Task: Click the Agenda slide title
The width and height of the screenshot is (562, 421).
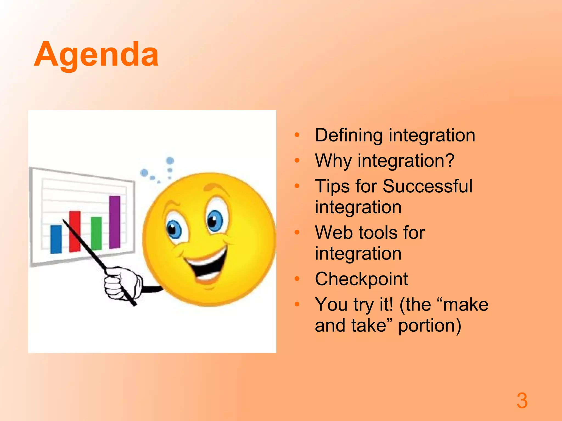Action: [x=96, y=55]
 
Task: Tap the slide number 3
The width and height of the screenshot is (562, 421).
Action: [x=522, y=401]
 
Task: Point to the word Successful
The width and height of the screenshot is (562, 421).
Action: [x=427, y=186]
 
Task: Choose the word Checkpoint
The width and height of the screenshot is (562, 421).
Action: [x=361, y=279]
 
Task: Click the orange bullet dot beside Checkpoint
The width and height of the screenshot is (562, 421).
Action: [x=297, y=279]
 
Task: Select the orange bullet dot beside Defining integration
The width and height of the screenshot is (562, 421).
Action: [x=297, y=135]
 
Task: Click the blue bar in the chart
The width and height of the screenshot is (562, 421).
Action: [x=56, y=239]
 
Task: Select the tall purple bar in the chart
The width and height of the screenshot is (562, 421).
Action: [x=115, y=222]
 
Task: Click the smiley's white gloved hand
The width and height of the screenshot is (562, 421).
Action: [x=121, y=284]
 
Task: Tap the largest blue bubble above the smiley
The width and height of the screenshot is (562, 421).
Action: [x=170, y=161]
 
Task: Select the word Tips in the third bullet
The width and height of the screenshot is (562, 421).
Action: [x=332, y=186]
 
